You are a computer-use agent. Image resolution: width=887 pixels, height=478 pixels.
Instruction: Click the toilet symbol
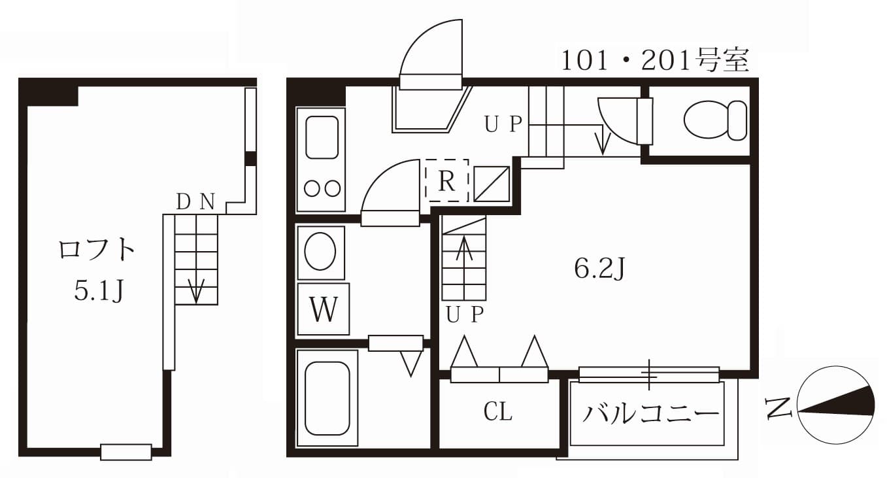pyautogui.click(x=715, y=120)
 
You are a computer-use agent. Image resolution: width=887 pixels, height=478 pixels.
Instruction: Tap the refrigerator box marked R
pyautogui.click(x=447, y=180)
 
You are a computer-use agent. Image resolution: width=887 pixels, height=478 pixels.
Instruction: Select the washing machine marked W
pyautogui.click(x=323, y=309)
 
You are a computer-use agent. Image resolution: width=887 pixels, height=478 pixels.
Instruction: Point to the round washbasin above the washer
pyautogui.click(x=320, y=252)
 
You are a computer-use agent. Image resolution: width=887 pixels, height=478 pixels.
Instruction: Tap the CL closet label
pyautogui.click(x=498, y=412)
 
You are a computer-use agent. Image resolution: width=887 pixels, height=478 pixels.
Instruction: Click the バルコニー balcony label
pyautogui.click(x=650, y=414)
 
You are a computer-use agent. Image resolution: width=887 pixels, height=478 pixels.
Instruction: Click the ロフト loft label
pyautogui.click(x=97, y=250)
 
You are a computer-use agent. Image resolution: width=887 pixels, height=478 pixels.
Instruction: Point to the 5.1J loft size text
pyautogui.click(x=98, y=292)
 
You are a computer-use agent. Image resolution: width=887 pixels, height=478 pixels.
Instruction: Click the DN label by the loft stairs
pyautogui.click(x=195, y=203)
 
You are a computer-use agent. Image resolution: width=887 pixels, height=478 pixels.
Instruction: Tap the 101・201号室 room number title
pyautogui.click(x=654, y=61)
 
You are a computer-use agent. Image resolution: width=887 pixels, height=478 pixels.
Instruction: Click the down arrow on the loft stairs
pyautogui.click(x=196, y=290)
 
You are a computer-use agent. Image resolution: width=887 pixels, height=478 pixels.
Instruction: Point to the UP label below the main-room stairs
pyautogui.click(x=465, y=315)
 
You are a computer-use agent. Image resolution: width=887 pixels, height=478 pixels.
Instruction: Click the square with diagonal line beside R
pyautogui.click(x=492, y=184)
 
